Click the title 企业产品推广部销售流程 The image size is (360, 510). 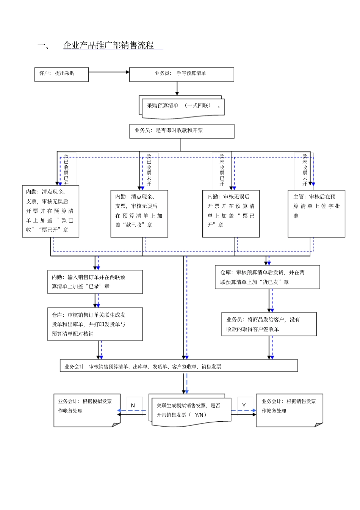pos(108,46)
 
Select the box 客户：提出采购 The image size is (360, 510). pos(61,74)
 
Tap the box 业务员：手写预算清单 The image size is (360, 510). pos(182,74)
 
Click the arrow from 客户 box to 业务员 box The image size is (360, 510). pos(109,72)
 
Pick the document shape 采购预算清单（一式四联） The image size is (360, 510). pos(182,107)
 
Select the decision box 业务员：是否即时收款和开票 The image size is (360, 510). pos(182,131)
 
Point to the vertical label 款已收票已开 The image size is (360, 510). pos(66,169)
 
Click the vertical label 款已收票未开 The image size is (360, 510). pos(149,169)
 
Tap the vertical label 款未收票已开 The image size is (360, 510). pos(222,169)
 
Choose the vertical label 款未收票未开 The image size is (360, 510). pos(305,169)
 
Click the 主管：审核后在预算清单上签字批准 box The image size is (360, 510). pos(316,213)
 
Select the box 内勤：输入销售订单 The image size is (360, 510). pos(95,282)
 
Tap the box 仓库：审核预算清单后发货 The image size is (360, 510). pos(267,277)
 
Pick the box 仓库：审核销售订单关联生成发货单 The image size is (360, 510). pos(95,324)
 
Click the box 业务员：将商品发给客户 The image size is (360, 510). pos(269,324)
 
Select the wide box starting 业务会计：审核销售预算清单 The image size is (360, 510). pos(178,366)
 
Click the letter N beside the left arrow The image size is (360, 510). pos(133,405)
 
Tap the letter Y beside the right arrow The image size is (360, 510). pos(244,405)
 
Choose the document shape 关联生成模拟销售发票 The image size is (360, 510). pos(189,411)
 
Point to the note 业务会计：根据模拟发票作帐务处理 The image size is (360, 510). pos(87,410)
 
